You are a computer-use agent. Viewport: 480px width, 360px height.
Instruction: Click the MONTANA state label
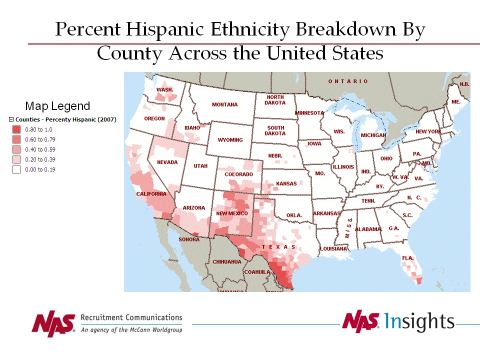[x=224, y=104]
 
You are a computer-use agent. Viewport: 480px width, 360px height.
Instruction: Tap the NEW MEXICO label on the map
[x=232, y=213]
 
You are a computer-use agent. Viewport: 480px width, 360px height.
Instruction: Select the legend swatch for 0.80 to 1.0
[x=16, y=129]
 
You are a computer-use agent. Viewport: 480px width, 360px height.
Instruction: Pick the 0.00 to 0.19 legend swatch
[x=16, y=169]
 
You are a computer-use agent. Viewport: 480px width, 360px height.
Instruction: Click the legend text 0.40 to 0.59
[x=40, y=149]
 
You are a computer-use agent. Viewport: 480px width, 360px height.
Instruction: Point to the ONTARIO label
[x=348, y=81]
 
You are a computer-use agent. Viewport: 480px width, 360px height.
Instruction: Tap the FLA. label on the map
[x=408, y=258]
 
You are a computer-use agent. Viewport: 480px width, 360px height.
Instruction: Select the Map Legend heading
[x=57, y=106]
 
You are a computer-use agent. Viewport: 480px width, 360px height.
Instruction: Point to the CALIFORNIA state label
[x=151, y=194]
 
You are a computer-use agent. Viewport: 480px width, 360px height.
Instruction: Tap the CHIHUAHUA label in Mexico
[x=227, y=261]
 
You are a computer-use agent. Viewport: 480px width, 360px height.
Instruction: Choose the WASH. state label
[x=165, y=90]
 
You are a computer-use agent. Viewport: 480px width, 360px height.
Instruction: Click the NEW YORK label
[x=428, y=131]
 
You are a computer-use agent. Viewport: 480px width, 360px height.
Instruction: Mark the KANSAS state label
[x=286, y=183]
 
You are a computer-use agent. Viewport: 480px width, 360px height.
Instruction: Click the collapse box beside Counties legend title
[x=11, y=119]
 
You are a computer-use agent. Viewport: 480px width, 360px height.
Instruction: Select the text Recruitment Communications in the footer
[x=131, y=317]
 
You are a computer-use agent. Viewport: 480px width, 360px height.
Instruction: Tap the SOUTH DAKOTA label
[x=275, y=130]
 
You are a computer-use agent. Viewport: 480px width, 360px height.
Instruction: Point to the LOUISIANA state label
[x=333, y=248]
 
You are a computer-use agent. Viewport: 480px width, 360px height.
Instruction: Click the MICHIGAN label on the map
[x=373, y=135]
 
